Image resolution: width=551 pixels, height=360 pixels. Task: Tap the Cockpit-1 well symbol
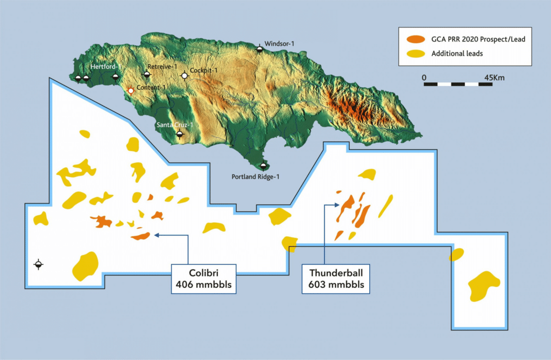pyautogui.click(x=185, y=76)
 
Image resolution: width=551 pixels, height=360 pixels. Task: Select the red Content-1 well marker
pyautogui.click(x=130, y=91)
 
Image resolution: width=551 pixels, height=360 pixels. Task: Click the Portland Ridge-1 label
pyautogui.click(x=256, y=177)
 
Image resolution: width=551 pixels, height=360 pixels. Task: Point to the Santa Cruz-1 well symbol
pyautogui.click(x=180, y=134)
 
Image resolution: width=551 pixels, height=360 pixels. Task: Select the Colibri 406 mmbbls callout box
pyautogui.click(x=204, y=278)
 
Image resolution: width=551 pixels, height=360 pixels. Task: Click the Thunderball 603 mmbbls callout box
pyautogui.click(x=336, y=278)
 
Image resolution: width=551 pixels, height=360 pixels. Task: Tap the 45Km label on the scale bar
pyautogui.click(x=495, y=77)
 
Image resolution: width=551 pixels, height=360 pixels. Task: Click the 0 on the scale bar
pyautogui.click(x=424, y=77)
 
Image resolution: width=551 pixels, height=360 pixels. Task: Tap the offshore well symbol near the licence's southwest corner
pyautogui.click(x=38, y=264)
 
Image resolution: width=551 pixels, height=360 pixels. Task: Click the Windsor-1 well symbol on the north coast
pyautogui.click(x=260, y=49)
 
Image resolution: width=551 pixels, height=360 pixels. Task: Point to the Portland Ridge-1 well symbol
pyautogui.click(x=263, y=166)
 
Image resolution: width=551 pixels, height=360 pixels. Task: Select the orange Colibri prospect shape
pyautogui.click(x=140, y=236)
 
